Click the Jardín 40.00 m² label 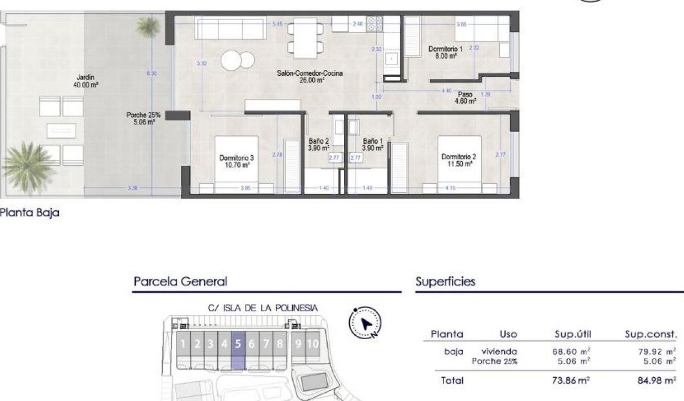point(85,81)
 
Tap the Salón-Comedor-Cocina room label point(301,76)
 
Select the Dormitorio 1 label point(445,52)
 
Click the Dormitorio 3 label point(237,161)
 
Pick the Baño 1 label point(372,145)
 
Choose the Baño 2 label point(318,145)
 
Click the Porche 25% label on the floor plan point(143,118)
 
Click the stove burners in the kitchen point(375,23)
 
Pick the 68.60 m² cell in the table point(571,351)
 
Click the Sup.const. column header point(650,334)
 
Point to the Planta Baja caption point(30,213)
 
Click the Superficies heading point(445,282)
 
